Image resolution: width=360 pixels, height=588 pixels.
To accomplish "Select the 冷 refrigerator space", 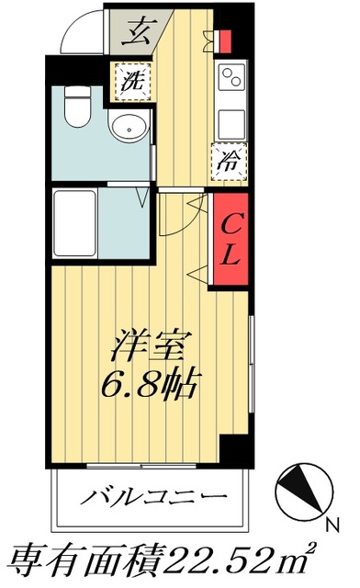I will pyautogui.click(x=228, y=163).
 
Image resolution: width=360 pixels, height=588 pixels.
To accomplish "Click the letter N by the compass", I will pyautogui.click(x=332, y=526).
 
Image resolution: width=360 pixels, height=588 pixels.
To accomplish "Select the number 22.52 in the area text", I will pyautogui.click(x=242, y=558).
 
